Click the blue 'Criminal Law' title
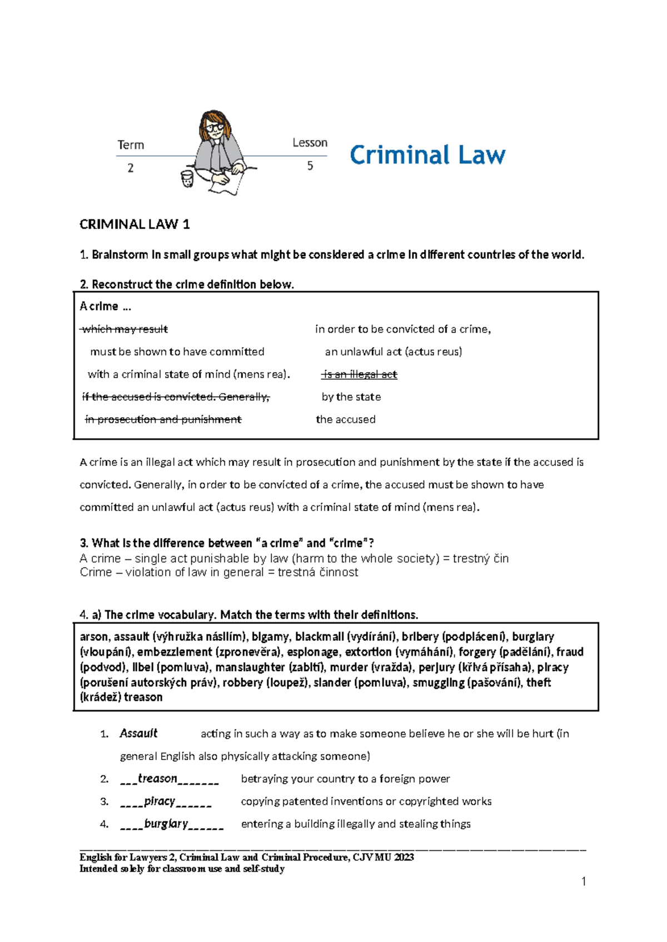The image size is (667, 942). point(427,154)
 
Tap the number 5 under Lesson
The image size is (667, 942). point(310,166)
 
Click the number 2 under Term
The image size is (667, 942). point(131,168)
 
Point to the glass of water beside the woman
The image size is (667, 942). point(187,179)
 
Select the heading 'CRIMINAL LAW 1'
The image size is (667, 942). point(135,224)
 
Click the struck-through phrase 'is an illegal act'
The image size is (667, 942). point(360,374)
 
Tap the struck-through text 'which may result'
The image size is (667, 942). point(125,329)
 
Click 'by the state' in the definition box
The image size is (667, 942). point(351,397)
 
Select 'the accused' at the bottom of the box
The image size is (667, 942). point(346,419)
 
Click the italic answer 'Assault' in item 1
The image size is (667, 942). point(138,733)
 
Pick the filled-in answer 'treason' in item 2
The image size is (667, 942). point(157,779)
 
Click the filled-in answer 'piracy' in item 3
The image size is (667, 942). point(160,801)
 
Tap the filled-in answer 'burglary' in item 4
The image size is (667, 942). point(166,824)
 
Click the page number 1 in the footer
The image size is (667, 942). point(584,881)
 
